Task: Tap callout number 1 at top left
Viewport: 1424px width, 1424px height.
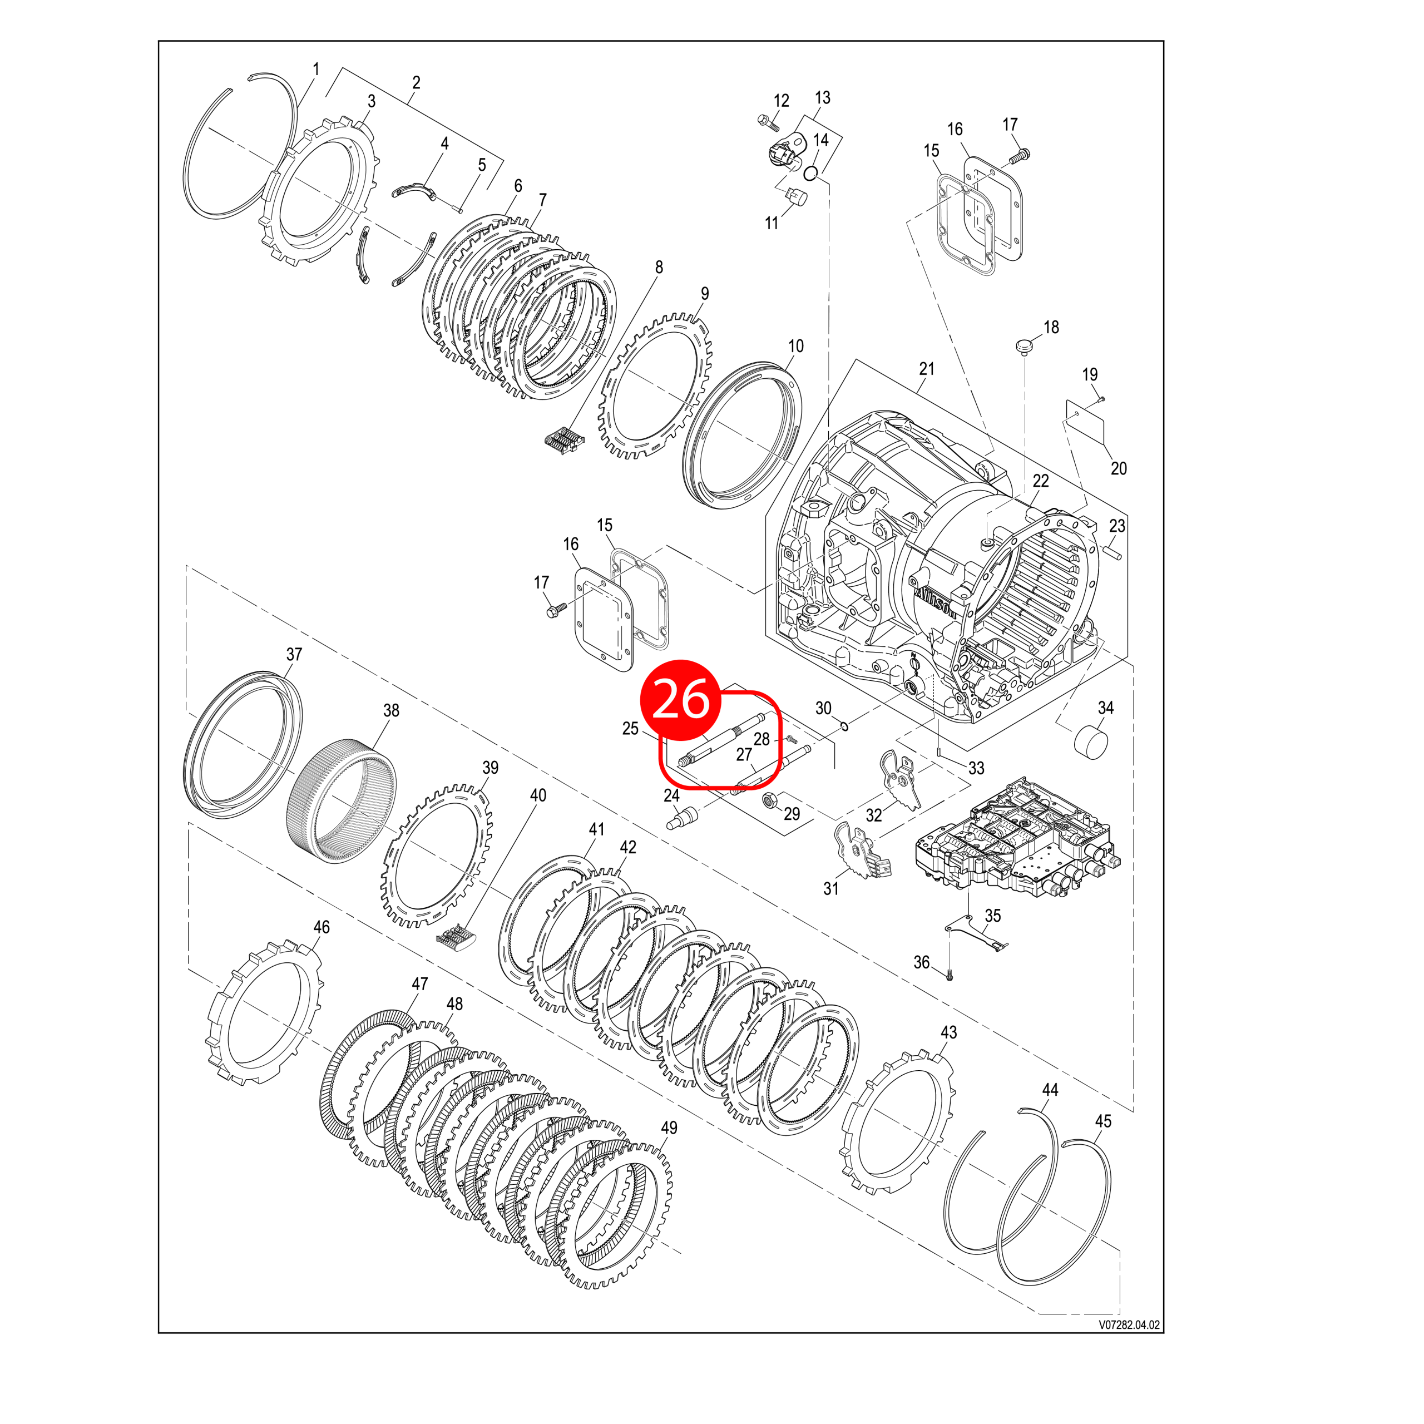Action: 316,70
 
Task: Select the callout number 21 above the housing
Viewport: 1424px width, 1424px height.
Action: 927,369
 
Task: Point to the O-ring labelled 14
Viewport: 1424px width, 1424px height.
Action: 811,173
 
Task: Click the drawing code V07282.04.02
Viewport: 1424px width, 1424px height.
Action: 1129,1345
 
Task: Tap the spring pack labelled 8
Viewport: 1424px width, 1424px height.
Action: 564,439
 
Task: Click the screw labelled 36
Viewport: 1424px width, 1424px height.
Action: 950,975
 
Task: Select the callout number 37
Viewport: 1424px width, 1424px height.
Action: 294,654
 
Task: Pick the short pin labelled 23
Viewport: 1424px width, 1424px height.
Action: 1111,551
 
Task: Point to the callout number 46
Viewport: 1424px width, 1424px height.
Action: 322,927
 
